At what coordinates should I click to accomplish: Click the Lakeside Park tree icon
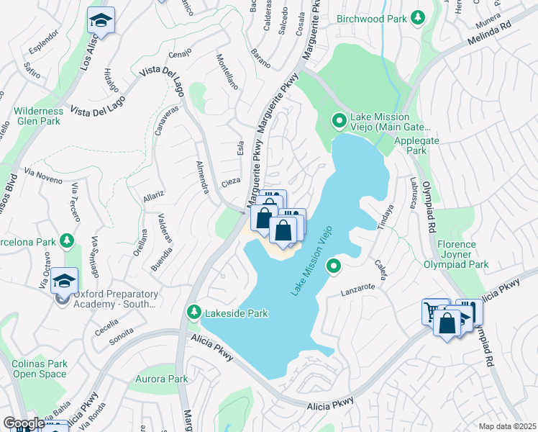(x=193, y=312)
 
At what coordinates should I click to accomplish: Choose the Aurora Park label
(x=162, y=379)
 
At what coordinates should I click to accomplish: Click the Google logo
(x=23, y=423)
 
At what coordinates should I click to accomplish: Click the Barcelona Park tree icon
(x=67, y=239)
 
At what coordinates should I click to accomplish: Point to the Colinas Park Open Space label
(x=40, y=369)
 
